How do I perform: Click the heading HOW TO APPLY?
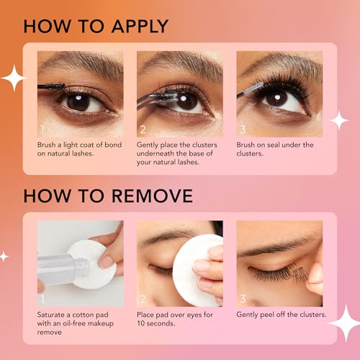95,26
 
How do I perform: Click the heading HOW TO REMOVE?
108,196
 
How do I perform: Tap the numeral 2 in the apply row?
143,130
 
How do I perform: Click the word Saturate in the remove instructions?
55,315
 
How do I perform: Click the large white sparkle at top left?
12,78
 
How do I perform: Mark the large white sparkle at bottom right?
343,323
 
